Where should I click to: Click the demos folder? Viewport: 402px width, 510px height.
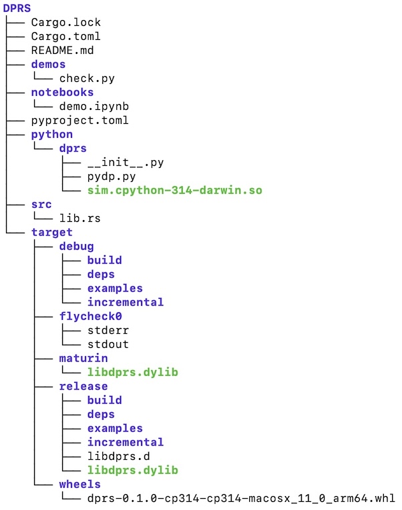48,64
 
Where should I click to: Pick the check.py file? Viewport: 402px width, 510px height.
87,78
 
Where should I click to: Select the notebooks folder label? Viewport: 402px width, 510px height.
62,92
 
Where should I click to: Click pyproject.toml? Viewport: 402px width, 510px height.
79,120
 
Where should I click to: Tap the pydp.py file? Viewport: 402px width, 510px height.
111,176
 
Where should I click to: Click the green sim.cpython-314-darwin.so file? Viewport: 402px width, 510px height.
174,190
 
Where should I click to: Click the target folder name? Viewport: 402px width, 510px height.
51,232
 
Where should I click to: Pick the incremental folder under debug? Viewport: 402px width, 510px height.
125,302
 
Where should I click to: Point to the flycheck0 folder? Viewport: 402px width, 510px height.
90,316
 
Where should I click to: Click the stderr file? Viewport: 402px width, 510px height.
108,330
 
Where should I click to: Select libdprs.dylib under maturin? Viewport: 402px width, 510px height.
132,372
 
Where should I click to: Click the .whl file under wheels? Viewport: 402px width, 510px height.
240,498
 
